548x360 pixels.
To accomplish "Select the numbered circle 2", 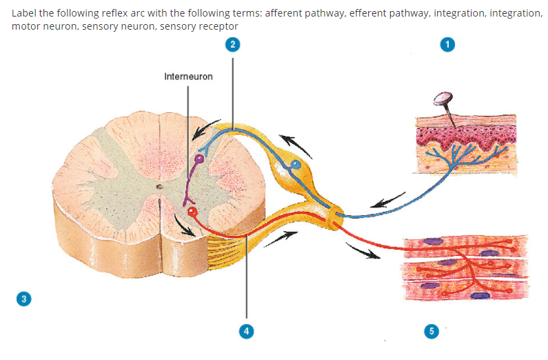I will coord(233,44).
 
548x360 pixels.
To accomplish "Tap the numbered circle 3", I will coord(24,299).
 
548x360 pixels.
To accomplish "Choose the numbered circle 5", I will coord(432,331).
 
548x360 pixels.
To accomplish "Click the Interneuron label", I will coord(188,77).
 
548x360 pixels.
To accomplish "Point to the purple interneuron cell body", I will coord(200,159).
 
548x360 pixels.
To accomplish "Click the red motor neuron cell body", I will coord(192,212).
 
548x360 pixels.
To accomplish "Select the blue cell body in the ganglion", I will coord(296,165).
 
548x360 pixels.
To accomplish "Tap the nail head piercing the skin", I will coord(438,101).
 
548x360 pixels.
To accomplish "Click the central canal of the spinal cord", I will coord(159,186).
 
